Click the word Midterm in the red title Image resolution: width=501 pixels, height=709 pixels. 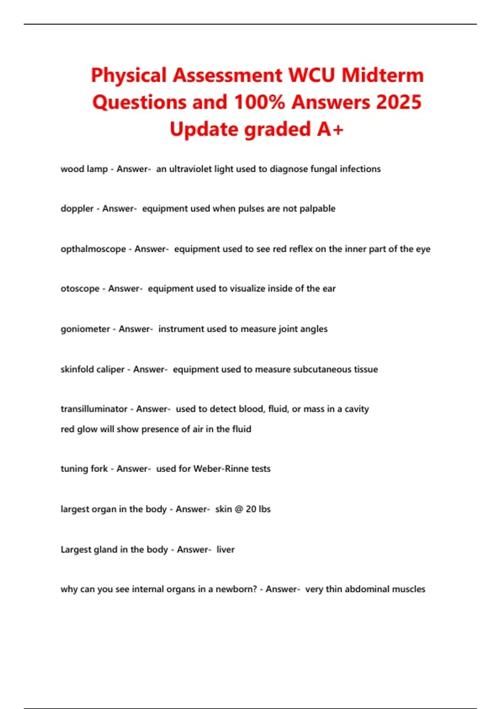point(382,75)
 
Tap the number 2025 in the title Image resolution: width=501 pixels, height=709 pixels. point(399,103)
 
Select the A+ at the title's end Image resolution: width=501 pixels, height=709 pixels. point(330,129)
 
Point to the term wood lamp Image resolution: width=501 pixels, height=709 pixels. point(84,169)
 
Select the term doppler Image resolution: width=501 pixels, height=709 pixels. point(77,209)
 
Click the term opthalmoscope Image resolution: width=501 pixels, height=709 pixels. point(93,249)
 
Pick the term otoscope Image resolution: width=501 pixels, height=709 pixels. point(80,289)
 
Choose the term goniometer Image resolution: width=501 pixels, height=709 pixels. point(85,329)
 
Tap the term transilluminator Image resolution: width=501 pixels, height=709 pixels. point(94,409)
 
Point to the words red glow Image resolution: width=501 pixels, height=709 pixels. point(79,429)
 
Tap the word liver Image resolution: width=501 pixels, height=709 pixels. point(225,550)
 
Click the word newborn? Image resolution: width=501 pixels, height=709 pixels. point(236,589)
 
